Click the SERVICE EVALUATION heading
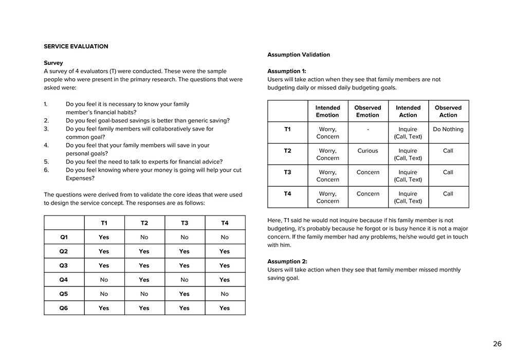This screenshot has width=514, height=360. tap(76, 46)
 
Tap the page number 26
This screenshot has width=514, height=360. tap(497, 344)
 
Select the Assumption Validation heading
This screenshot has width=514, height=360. tap(299, 55)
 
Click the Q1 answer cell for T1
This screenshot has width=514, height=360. tap(104, 237)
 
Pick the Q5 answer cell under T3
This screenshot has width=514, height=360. tap(185, 294)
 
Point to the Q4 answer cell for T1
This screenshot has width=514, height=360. tap(104, 280)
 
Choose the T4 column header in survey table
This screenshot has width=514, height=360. tap(225, 223)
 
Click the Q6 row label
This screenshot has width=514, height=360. tap(64, 308)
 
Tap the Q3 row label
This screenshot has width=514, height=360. tap(64, 265)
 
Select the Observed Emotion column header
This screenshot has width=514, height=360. tap(368, 111)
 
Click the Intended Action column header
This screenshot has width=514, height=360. tap(408, 111)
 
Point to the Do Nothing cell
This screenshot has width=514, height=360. tap(448, 129)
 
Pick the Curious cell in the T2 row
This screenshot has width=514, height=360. tap(368, 151)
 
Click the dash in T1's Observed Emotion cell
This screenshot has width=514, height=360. tap(368, 130)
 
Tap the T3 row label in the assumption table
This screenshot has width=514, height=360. tap(287, 172)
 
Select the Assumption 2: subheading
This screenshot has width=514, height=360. tap(287, 261)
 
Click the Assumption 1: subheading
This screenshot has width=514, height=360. tap(286, 71)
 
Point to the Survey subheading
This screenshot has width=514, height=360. tap(53, 63)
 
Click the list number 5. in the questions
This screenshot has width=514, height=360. tap(46, 161)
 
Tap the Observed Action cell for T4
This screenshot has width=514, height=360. tap(448, 194)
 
